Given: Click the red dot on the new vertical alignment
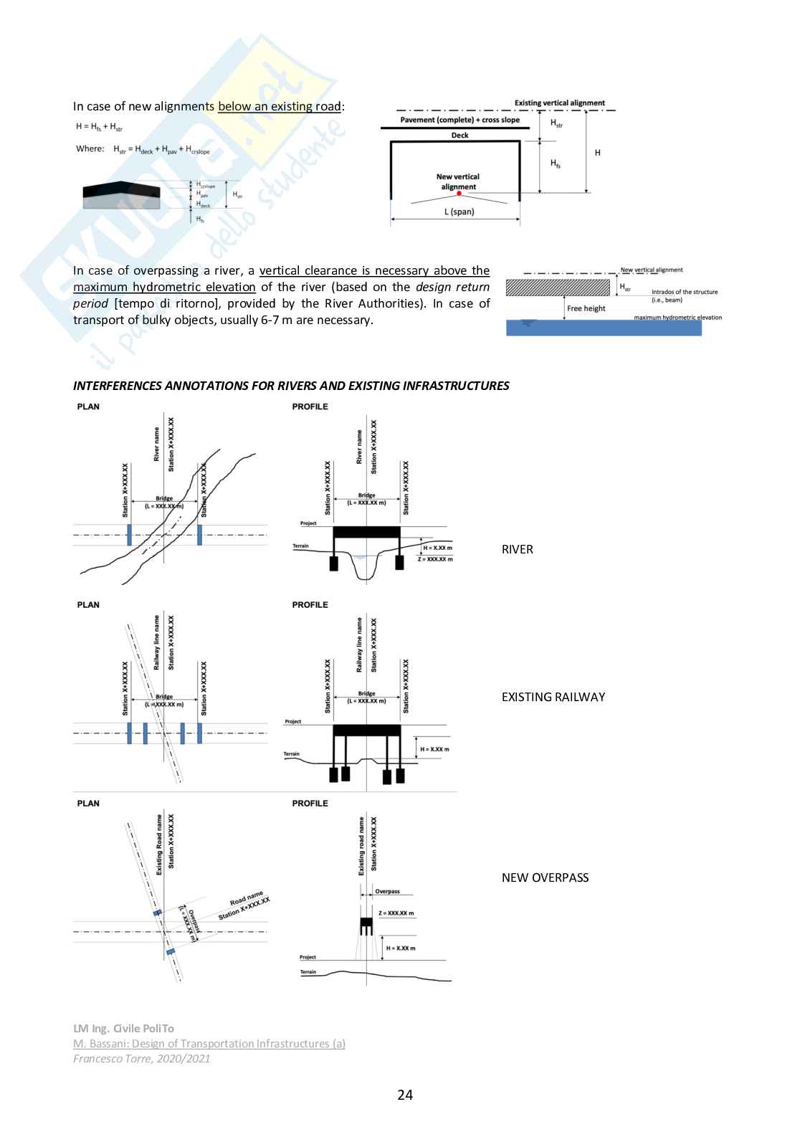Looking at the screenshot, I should tap(459, 194).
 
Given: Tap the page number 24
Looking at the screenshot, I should tap(405, 1095).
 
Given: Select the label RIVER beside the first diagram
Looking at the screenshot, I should tap(517, 549).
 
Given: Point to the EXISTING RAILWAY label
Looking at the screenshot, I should tap(553, 697).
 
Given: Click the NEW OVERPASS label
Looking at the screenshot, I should tap(545, 877).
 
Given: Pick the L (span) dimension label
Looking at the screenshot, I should tap(459, 211).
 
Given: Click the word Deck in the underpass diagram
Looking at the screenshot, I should tap(459, 135).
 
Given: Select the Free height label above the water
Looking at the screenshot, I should tap(586, 308).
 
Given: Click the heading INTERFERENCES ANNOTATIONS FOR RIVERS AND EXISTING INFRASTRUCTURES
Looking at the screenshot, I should tap(291, 386).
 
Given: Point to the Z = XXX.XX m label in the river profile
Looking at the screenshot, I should tap(435, 559).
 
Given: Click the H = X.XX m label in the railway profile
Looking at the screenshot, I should tap(434, 749).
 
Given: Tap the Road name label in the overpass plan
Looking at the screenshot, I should tap(246, 899).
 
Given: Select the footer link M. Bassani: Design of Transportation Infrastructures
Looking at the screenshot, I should tap(209, 1044).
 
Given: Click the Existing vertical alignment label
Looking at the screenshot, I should tap(560, 103).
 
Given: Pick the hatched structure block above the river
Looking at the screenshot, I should tap(558, 287).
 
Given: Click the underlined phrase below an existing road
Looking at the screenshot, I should tap(280, 106).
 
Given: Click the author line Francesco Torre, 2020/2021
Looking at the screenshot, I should tap(142, 1058).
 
